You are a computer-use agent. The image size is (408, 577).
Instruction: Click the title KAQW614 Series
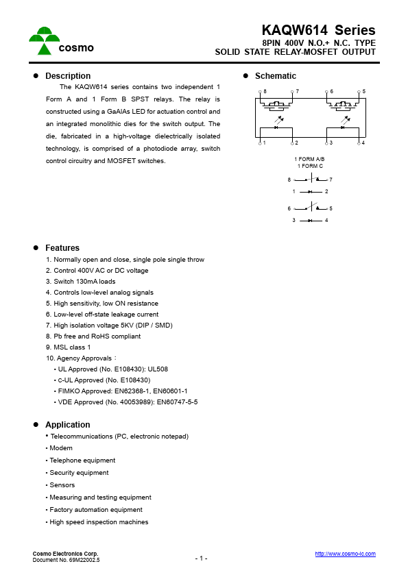click(318, 30)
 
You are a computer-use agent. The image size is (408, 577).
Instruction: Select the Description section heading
click(67, 76)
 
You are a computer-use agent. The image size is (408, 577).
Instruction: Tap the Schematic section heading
click(275, 76)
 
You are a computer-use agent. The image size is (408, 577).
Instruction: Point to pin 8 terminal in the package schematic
click(261, 95)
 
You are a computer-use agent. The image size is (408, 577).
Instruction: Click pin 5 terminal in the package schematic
click(359, 95)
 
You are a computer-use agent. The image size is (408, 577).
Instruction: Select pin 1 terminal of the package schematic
click(261, 142)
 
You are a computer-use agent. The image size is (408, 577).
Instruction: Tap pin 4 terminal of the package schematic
click(359, 142)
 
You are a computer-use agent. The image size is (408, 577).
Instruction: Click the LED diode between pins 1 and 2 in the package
click(276, 127)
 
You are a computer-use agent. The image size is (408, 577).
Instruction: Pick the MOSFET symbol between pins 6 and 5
click(342, 106)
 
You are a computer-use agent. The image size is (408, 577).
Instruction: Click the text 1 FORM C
click(310, 167)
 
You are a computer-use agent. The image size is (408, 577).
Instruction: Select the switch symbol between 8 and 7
click(311, 179)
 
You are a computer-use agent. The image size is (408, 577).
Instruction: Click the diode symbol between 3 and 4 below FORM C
click(310, 220)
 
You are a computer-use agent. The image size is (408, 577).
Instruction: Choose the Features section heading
click(62, 248)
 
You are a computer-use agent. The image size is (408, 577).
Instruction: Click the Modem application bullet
click(61, 448)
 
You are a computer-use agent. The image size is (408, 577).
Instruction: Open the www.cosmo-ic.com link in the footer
click(345, 554)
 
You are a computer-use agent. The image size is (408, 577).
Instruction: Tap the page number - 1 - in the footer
click(201, 558)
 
